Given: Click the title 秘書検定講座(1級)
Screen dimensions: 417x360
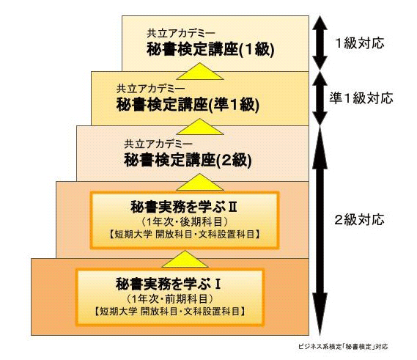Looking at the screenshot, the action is pyautogui.click(x=210, y=49).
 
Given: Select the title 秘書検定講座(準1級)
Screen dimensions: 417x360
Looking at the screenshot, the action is pyautogui.click(x=188, y=104).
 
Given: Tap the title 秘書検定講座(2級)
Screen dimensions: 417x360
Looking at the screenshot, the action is pyautogui.click(x=188, y=160).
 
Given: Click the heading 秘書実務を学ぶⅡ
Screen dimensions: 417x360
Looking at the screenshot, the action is pyautogui.click(x=184, y=207).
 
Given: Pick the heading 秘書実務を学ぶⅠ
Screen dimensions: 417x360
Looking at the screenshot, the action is pyautogui.click(x=169, y=284).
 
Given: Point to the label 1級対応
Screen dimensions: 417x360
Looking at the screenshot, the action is pyautogui.click(x=360, y=43).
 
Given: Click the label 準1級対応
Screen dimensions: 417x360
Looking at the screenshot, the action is pyautogui.click(x=361, y=98).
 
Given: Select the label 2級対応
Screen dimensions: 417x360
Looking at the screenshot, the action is pyautogui.click(x=359, y=220).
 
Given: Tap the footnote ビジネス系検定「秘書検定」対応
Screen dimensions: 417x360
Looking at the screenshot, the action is pyautogui.click(x=343, y=346).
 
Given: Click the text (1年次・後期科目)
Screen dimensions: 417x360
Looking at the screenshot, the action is pyautogui.click(x=184, y=222).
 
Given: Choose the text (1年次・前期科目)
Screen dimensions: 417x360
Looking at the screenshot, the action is pyautogui.click(x=169, y=299).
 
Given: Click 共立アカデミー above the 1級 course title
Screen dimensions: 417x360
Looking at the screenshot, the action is pyautogui.click(x=181, y=33).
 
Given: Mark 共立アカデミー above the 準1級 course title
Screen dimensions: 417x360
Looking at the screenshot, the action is pyautogui.click(x=150, y=89).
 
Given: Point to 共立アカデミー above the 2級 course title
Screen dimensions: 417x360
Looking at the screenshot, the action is pyautogui.click(x=158, y=144).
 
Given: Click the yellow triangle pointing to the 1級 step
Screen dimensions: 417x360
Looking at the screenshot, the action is pyautogui.click(x=200, y=72).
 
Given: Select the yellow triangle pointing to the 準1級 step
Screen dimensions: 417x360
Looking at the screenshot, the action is pyautogui.click(x=200, y=127).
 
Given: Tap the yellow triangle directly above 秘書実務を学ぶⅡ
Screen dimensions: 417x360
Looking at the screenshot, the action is pyautogui.click(x=200, y=183).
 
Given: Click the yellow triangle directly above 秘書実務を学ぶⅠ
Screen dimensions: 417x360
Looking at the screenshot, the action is pyautogui.click(x=185, y=260).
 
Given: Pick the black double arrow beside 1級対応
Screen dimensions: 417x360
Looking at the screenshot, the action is pyautogui.click(x=320, y=43).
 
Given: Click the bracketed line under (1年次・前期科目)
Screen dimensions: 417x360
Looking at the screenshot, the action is pyautogui.click(x=169, y=311).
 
